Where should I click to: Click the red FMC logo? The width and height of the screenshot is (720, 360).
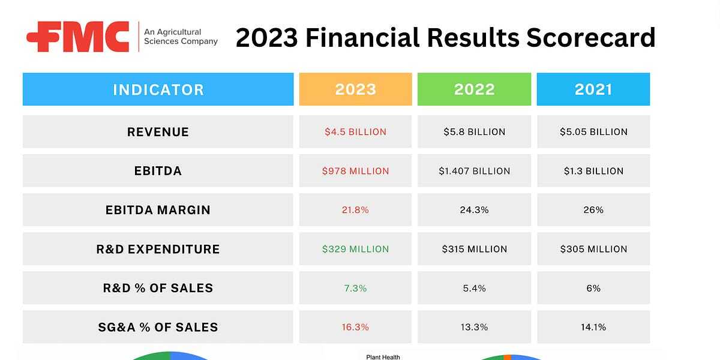tap(78, 37)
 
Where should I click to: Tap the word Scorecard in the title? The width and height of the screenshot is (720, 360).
tap(590, 38)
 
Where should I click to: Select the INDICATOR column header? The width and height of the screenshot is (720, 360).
tap(158, 90)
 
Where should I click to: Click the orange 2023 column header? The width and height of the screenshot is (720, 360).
tap(355, 90)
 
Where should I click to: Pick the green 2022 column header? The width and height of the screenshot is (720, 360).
tap(474, 90)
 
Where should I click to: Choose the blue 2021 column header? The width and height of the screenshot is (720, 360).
tap(593, 90)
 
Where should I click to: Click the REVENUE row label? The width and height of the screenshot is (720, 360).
tap(158, 132)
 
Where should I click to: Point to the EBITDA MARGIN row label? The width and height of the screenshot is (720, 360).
tap(158, 210)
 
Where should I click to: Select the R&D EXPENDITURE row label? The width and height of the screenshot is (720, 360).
tap(158, 249)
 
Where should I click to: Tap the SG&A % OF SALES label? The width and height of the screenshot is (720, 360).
tap(158, 327)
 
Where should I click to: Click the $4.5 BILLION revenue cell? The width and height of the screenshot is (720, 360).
tap(355, 132)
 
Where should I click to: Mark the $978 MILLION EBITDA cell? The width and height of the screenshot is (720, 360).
tap(355, 171)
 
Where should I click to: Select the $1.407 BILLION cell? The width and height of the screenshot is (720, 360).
tap(474, 171)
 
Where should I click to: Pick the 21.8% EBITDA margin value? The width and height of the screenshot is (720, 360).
tap(355, 210)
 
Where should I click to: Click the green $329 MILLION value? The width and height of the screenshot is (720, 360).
tap(355, 249)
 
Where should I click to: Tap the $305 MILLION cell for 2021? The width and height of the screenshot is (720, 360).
tap(593, 249)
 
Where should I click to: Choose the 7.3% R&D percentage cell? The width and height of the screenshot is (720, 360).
tap(355, 288)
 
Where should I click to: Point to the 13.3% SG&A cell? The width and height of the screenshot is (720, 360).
tap(474, 327)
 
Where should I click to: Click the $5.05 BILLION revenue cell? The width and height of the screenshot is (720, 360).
tap(593, 132)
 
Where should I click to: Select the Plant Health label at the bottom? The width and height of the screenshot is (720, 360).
tap(383, 357)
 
